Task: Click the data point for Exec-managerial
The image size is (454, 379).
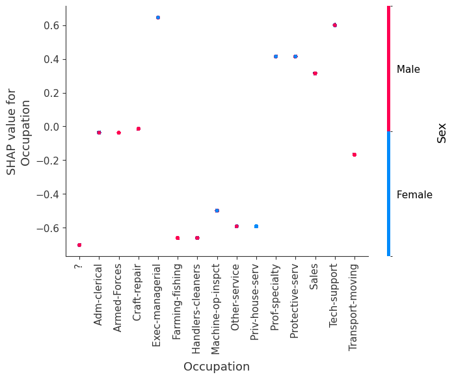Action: (x=157, y=18)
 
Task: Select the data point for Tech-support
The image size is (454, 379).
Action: (x=334, y=25)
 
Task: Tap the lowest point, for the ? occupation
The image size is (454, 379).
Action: (x=79, y=245)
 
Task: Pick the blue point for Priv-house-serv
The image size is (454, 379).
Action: (x=256, y=226)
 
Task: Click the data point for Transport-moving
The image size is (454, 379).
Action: (x=354, y=155)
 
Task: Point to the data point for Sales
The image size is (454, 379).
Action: (x=315, y=73)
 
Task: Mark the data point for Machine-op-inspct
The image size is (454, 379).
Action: (x=217, y=211)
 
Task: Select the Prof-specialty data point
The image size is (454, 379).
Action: (x=276, y=57)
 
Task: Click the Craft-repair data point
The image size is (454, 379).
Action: (x=138, y=129)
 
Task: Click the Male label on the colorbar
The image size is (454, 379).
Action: (x=408, y=70)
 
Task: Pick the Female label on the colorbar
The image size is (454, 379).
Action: (x=414, y=195)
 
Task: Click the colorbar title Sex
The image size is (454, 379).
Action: (x=442, y=132)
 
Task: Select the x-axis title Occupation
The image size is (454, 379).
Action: (x=216, y=367)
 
